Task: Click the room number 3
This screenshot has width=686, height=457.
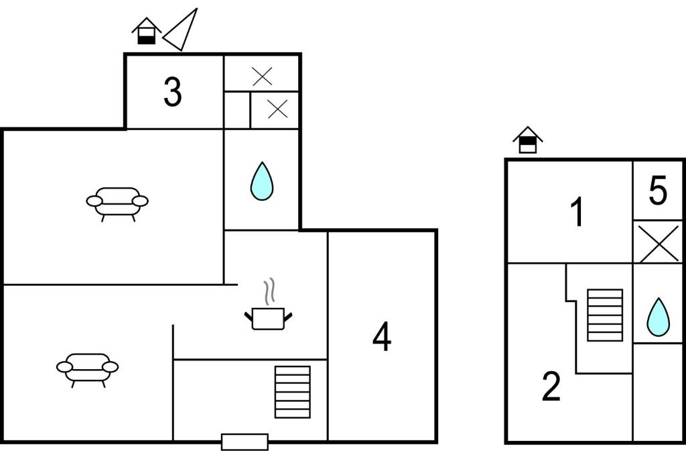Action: [x=173, y=92]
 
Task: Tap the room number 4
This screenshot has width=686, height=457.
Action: [x=382, y=336]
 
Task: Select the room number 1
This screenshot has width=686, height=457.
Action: [x=578, y=212]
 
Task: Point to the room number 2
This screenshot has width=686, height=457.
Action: [x=551, y=386]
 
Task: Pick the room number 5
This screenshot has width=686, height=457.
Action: [x=658, y=190]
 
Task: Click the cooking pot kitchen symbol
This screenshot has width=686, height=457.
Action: [x=268, y=318]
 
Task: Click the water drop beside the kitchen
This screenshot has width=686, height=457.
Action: [x=262, y=181]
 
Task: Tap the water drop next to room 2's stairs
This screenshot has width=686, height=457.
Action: [x=658, y=317]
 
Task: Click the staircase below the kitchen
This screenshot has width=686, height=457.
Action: [x=293, y=392]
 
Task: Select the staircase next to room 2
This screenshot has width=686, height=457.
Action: [x=605, y=315]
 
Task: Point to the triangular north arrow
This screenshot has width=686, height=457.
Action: [x=181, y=30]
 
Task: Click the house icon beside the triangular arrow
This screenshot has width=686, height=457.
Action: [x=147, y=31]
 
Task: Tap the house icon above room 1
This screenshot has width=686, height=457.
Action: [x=528, y=140]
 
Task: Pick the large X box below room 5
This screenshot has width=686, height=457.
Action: [x=658, y=242]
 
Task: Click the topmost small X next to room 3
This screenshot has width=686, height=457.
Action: [x=263, y=77]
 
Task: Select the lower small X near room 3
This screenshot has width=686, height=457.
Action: [x=277, y=109]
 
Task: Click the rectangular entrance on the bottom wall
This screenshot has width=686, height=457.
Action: [x=245, y=442]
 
